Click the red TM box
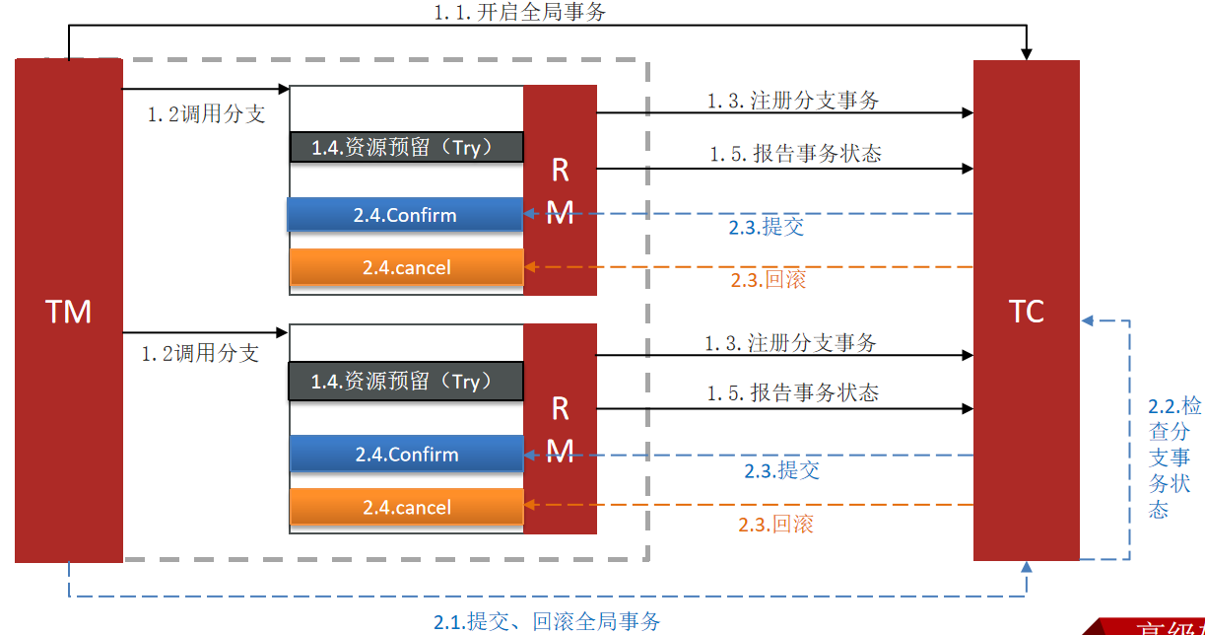coord(68,311)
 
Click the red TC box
coord(1026,311)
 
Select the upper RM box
coord(560,189)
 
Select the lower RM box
coord(560,429)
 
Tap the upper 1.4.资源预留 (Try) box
coord(406,147)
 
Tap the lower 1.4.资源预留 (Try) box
coord(405,382)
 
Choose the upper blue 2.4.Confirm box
coord(405,215)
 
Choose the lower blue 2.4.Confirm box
coord(406,455)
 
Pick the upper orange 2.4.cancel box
coord(406,267)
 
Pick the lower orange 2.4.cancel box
coord(406,508)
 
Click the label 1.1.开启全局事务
coord(520,13)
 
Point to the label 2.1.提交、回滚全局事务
coord(547,621)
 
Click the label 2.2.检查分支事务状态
coord(1174,457)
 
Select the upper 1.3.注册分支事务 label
coord(792,101)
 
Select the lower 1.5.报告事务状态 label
coord(792,392)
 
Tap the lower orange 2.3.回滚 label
coord(776,525)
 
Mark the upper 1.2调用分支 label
coord(207,114)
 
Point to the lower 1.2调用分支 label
coord(200,353)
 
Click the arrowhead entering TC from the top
coord(1027,53)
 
